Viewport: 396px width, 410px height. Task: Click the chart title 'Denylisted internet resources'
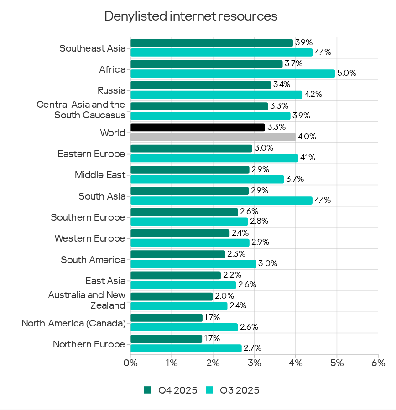[191, 16]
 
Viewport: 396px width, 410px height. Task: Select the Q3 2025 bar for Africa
[233, 74]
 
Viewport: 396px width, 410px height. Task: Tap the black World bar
[198, 127]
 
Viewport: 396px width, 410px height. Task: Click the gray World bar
[213, 137]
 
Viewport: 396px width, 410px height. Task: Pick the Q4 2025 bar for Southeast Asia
[211, 43]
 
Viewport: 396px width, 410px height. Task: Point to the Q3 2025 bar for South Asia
[221, 200]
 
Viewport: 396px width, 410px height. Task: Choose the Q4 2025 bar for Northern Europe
[166, 339]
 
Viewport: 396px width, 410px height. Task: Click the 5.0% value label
[347, 74]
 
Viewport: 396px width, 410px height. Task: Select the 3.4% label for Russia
[281, 85]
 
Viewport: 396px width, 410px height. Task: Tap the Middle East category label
[100, 175]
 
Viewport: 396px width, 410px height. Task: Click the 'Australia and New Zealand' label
[87, 300]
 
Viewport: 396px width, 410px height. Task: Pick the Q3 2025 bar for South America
[193, 263]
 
